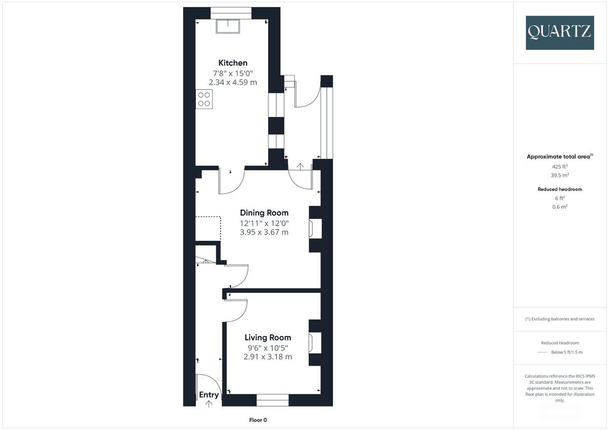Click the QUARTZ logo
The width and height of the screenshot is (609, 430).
560,32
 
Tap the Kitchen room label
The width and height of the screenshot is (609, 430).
233,63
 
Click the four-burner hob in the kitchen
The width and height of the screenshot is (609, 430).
204,99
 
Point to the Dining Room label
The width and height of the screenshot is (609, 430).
264,213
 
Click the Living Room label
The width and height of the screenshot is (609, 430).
268,337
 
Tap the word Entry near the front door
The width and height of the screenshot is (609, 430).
209,395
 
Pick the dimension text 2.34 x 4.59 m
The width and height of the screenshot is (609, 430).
233,82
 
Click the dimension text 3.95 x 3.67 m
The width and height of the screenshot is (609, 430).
264,232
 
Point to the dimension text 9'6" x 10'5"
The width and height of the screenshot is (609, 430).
268,347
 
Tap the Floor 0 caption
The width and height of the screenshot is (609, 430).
258,420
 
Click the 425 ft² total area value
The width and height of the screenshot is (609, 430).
560,166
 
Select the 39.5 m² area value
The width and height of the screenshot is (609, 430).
560,175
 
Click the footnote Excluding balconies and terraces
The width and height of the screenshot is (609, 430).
560,319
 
